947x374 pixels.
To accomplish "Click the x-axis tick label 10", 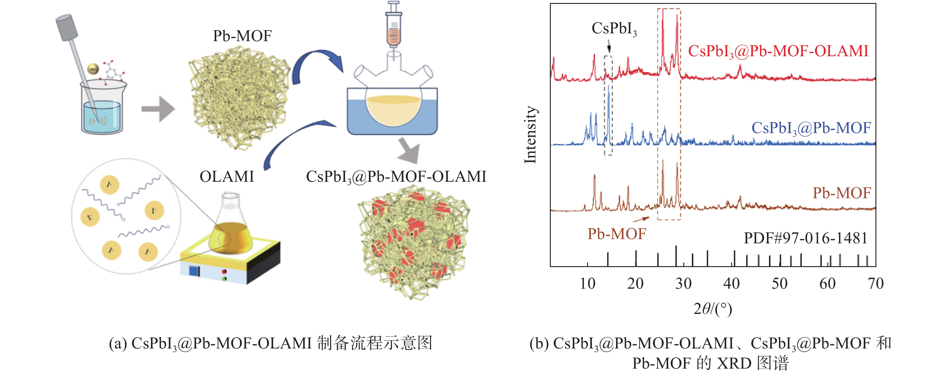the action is (x=587, y=284).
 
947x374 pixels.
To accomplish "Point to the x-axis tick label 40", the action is (x=731, y=284).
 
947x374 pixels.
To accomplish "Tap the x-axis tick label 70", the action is (x=875, y=284).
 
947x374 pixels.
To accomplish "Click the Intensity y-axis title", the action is (x=531, y=135).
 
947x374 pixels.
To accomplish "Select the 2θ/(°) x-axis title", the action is (x=713, y=309).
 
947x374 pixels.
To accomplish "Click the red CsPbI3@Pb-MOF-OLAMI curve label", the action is (x=778, y=51).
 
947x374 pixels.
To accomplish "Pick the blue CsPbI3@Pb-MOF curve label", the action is (x=811, y=128).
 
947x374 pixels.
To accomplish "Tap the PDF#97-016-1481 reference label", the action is (x=805, y=238).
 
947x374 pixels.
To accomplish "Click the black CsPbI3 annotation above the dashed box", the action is (x=614, y=29).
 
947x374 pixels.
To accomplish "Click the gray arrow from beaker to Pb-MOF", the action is (x=158, y=109).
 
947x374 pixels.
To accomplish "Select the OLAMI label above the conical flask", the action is (x=227, y=177).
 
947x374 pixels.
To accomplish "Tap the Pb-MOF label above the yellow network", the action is (x=242, y=36).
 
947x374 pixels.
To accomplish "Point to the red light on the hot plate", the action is (x=224, y=272).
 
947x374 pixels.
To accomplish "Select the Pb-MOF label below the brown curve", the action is (x=617, y=234).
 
